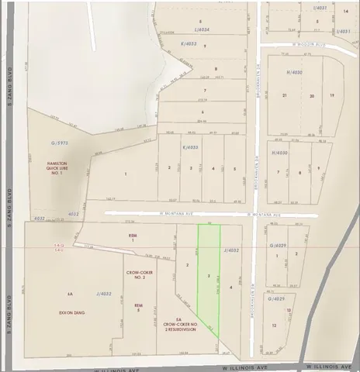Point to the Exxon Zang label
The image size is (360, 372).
[x=72, y=312]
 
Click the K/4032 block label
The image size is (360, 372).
[x=191, y=147]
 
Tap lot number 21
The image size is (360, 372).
[x=285, y=95]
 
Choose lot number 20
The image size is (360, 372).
[x=311, y=95]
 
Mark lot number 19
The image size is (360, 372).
[x=331, y=95]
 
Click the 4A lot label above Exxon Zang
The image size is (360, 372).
[x=70, y=294]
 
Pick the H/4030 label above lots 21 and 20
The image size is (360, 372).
[x=292, y=72]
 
